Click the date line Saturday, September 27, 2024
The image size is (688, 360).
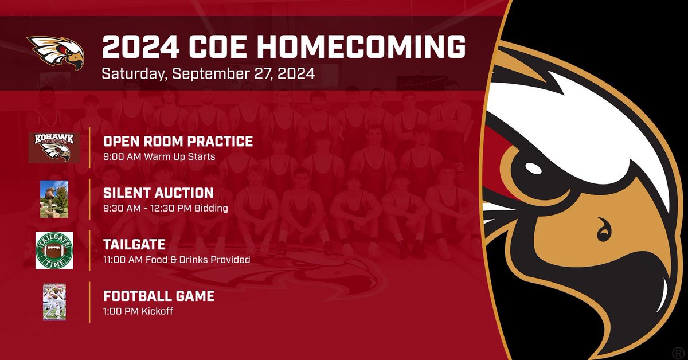click(208, 75)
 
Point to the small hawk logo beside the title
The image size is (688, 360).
click(56, 52)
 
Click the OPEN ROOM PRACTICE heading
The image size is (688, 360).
click(178, 142)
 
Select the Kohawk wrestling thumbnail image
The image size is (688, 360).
click(54, 147)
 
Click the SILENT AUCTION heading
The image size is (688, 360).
click(158, 193)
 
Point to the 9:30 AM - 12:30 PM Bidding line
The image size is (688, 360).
click(166, 208)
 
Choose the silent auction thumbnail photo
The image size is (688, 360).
click(54, 199)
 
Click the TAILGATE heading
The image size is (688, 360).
click(134, 245)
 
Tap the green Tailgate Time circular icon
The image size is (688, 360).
click(54, 251)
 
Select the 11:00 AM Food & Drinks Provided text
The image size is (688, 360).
click(177, 260)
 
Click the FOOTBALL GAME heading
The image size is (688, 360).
click(159, 296)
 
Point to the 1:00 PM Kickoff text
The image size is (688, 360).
click(138, 311)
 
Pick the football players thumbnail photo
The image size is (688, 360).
click(54, 302)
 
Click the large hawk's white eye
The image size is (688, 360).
click(533, 169)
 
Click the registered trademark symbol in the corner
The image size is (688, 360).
click(677, 349)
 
